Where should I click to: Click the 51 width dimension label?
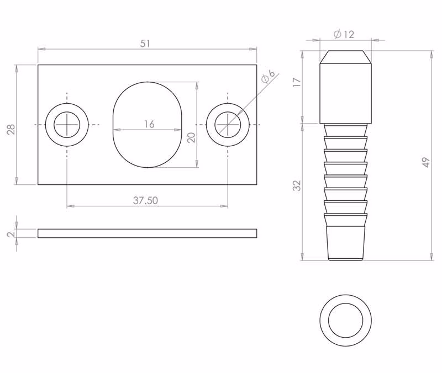click(145, 44)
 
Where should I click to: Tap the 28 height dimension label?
click(11, 129)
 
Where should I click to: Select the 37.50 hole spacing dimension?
click(145, 200)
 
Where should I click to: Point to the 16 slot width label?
click(149, 124)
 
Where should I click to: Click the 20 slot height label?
click(191, 137)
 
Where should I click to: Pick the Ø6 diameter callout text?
click(267, 76)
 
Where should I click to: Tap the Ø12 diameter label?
click(344, 34)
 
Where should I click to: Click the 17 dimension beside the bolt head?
click(297, 82)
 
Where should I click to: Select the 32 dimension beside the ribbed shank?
click(297, 185)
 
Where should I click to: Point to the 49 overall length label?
click(426, 162)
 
